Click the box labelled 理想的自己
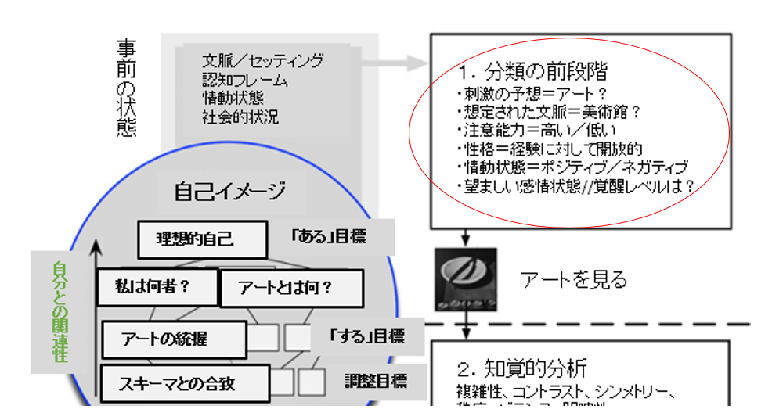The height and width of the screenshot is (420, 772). [195, 239]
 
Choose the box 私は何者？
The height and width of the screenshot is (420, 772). [153, 287]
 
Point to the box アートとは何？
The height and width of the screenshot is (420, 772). [290, 289]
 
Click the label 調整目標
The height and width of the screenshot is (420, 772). [376, 382]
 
